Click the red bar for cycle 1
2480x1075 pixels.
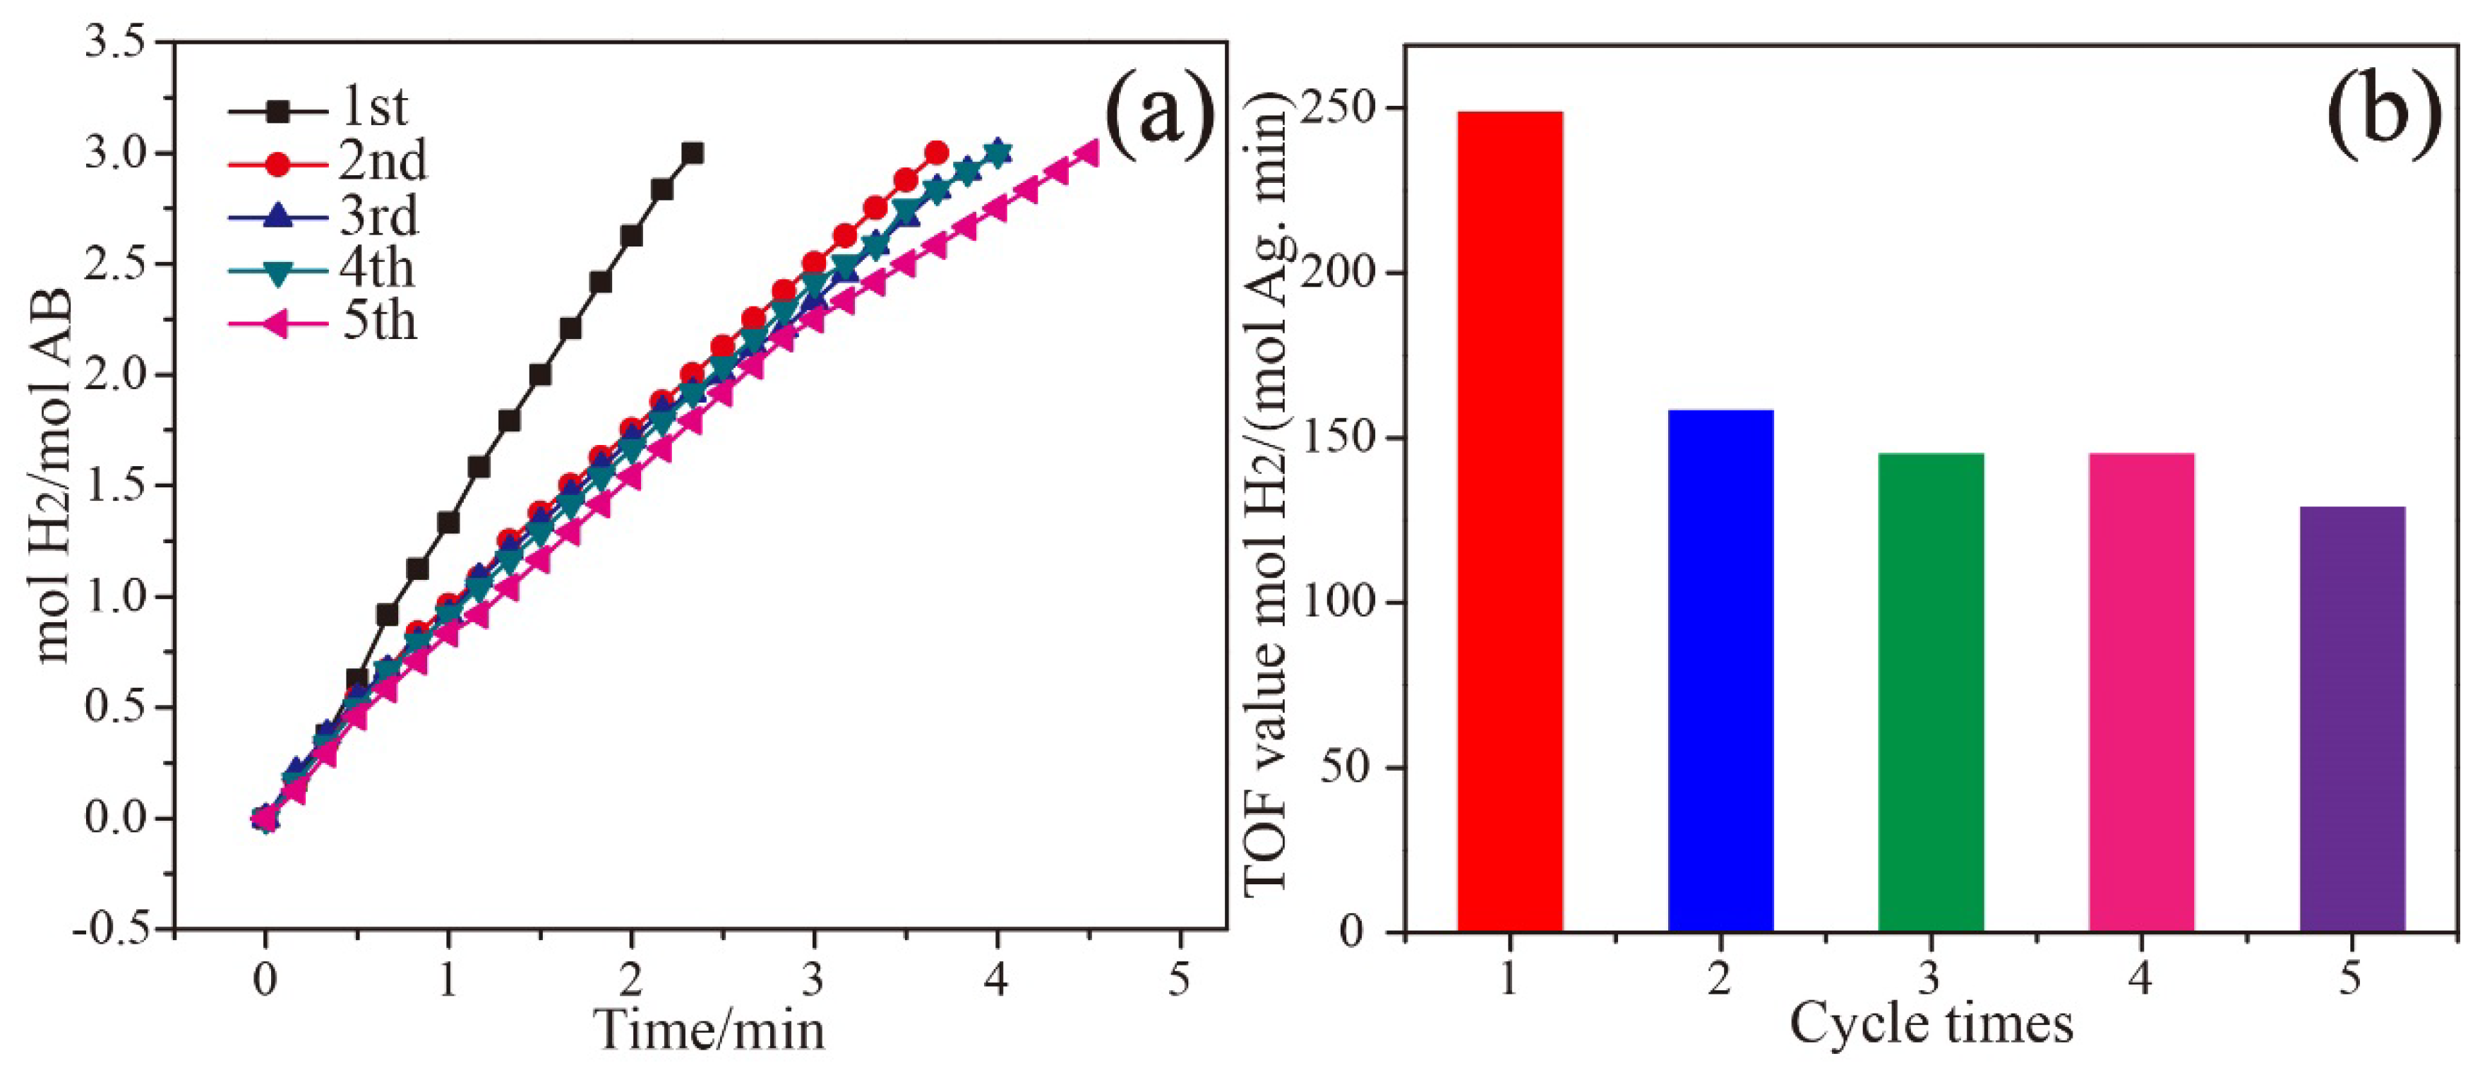pos(1509,520)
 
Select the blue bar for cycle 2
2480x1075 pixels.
pos(1720,670)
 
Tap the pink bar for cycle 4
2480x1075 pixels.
pos(2141,691)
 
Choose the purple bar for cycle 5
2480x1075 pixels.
pos(2352,718)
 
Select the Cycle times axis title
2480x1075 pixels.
pos(1930,1022)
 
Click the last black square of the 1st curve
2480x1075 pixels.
pos(691,153)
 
